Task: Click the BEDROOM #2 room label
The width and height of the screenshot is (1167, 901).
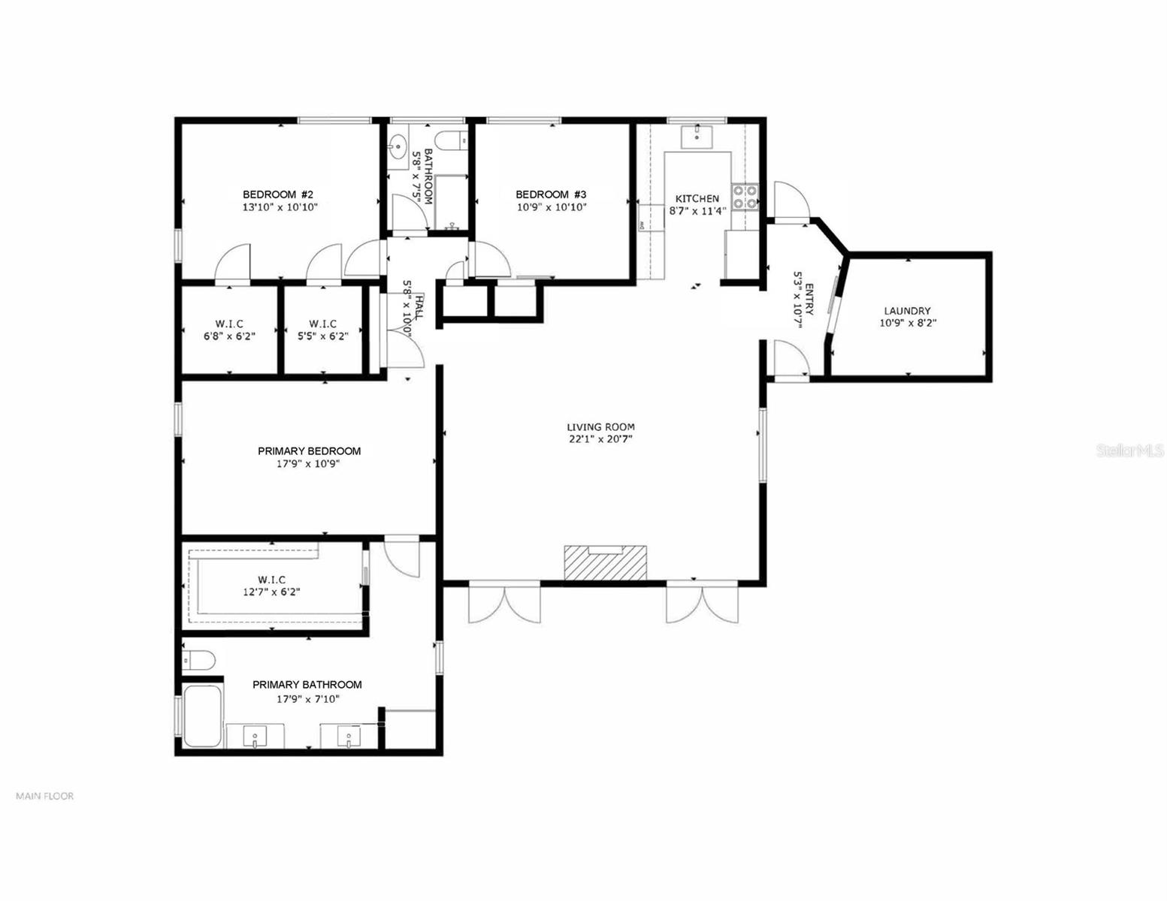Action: tap(280, 194)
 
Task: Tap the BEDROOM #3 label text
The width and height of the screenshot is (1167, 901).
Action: tap(551, 194)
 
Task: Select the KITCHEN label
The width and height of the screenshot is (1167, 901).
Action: tap(697, 199)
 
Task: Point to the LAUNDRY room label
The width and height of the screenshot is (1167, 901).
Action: tap(907, 311)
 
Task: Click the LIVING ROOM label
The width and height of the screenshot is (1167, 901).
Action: tap(600, 427)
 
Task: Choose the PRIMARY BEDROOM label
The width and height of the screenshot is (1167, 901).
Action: tap(309, 451)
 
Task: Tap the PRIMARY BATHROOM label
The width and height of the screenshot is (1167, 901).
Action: tap(307, 685)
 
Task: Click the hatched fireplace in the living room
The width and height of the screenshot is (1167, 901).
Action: tap(605, 563)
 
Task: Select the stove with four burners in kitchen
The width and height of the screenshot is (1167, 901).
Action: tap(745, 196)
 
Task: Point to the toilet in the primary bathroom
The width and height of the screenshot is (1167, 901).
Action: tap(199, 660)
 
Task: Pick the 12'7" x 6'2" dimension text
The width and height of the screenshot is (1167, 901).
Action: tap(271, 592)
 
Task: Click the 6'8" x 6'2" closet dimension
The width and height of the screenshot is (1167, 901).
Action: tap(229, 336)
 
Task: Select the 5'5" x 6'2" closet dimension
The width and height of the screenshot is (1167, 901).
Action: tap(322, 336)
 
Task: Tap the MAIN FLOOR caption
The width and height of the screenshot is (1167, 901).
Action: tap(45, 796)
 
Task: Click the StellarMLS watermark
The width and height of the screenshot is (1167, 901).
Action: tap(1130, 450)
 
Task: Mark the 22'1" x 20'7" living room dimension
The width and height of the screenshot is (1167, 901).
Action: tap(600, 439)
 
